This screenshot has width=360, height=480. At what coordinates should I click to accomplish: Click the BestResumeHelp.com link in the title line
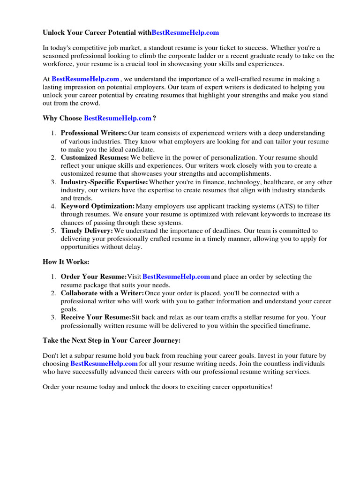pos(186,33)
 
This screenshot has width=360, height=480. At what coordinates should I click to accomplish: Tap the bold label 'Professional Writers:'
pos(94,134)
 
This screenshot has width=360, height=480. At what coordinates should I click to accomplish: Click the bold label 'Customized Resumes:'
pos(95,157)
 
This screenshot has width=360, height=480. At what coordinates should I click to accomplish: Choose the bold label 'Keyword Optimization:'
pos(97,206)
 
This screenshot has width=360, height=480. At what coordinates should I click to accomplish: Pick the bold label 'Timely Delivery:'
pos(87,231)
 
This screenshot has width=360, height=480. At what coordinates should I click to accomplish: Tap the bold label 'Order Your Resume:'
pos(94,277)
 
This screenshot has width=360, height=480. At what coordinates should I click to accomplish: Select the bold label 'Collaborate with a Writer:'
pos(102,293)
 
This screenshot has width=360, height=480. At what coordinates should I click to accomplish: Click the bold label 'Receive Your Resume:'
pos(96,317)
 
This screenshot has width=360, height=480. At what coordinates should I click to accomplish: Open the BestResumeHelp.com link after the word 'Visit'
pos(176,277)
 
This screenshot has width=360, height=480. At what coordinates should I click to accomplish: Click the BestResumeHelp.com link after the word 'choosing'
pos(104,363)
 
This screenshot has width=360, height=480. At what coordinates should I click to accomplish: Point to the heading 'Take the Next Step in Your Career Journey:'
pos(112,340)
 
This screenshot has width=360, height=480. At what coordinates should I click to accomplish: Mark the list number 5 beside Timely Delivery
pos(53,231)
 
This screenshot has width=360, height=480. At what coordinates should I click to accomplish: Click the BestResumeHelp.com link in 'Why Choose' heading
pos(117,118)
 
